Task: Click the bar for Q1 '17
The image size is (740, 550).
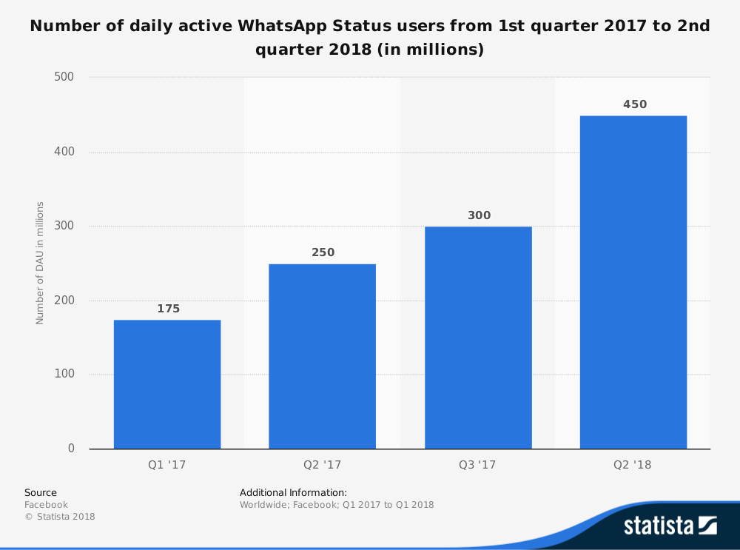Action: pos(167,384)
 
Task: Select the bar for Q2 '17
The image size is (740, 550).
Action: pos(323,356)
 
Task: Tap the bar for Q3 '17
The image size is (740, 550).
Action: pos(478,338)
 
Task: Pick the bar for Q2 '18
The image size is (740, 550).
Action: pos(633,282)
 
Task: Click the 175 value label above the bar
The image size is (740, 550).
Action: pos(168,309)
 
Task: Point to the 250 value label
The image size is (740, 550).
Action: pos(323,252)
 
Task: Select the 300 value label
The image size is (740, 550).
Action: pos(479,215)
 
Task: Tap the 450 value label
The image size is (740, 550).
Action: pos(635,104)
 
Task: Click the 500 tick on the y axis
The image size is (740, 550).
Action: pos(66,77)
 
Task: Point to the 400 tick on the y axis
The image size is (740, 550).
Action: pos(66,152)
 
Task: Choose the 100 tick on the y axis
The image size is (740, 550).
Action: pos(66,374)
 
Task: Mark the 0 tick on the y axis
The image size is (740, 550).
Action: pos(72,448)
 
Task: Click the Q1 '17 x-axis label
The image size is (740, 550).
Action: pos(167,466)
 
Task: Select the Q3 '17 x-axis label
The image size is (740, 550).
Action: pos(477,466)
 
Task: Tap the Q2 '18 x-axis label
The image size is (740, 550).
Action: pos(633,466)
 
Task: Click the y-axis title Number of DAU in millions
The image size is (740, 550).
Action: pos(40,263)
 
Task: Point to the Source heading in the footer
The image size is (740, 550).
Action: pos(41,492)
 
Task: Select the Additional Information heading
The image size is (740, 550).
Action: pos(293,492)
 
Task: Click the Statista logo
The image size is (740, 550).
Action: pos(670,526)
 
